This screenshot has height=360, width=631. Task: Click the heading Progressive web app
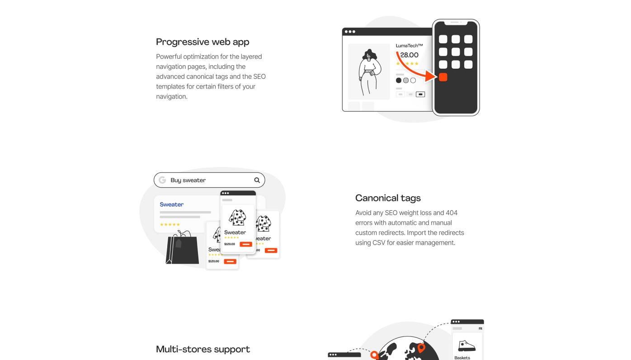(202, 42)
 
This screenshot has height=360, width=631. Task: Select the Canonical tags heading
(388, 198)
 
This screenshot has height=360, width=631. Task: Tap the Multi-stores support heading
(202, 349)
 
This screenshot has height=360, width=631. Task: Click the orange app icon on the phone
(443, 77)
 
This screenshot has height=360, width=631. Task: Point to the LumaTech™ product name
(409, 46)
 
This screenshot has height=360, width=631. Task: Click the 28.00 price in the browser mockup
(409, 55)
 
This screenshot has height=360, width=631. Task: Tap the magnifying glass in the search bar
(257, 180)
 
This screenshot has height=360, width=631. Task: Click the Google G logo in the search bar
(162, 180)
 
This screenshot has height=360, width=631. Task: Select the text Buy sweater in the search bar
(188, 180)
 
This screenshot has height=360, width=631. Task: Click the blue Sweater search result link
(172, 204)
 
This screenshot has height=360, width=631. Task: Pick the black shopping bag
(182, 249)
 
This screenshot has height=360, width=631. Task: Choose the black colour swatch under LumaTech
(399, 81)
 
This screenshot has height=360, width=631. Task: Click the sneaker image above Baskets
(466, 346)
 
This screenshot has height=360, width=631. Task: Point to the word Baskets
(462, 358)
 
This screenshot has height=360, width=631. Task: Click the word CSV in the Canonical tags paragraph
(378, 243)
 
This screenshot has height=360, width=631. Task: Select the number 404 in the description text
(452, 213)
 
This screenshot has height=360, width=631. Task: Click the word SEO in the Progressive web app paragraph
(259, 77)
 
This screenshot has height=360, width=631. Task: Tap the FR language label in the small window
(480, 329)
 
